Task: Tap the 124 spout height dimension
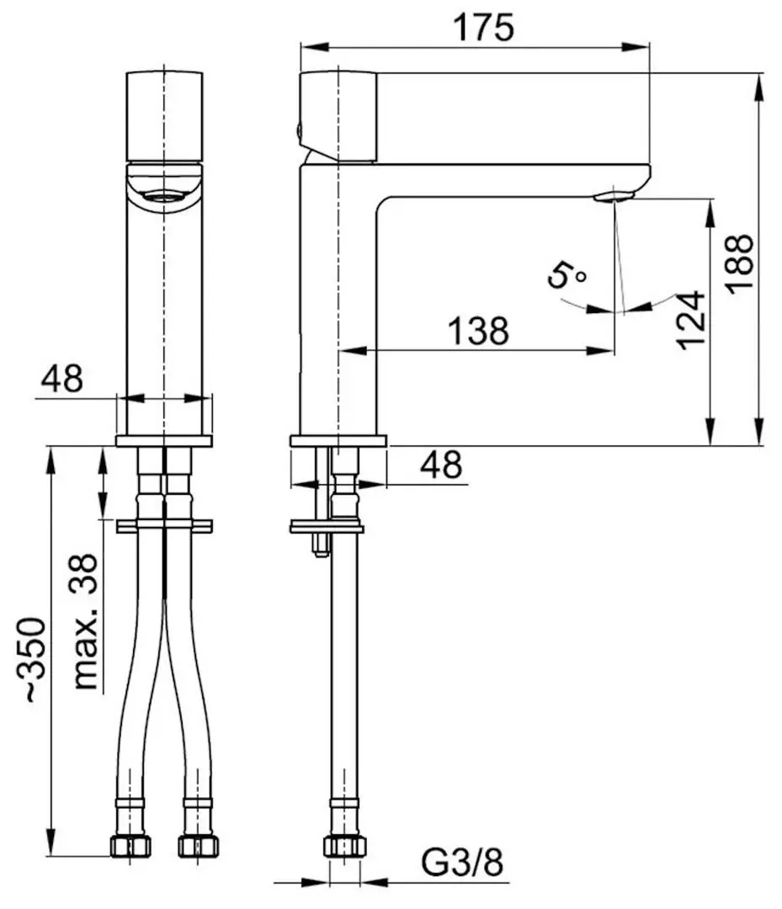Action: [689, 321]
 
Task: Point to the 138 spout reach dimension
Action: [477, 330]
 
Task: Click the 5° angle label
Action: [567, 275]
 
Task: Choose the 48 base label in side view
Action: [440, 465]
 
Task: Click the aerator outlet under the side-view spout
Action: [613, 197]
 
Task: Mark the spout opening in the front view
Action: [165, 198]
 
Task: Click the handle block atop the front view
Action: [165, 115]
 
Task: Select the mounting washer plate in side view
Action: [327, 528]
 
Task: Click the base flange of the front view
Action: [164, 440]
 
